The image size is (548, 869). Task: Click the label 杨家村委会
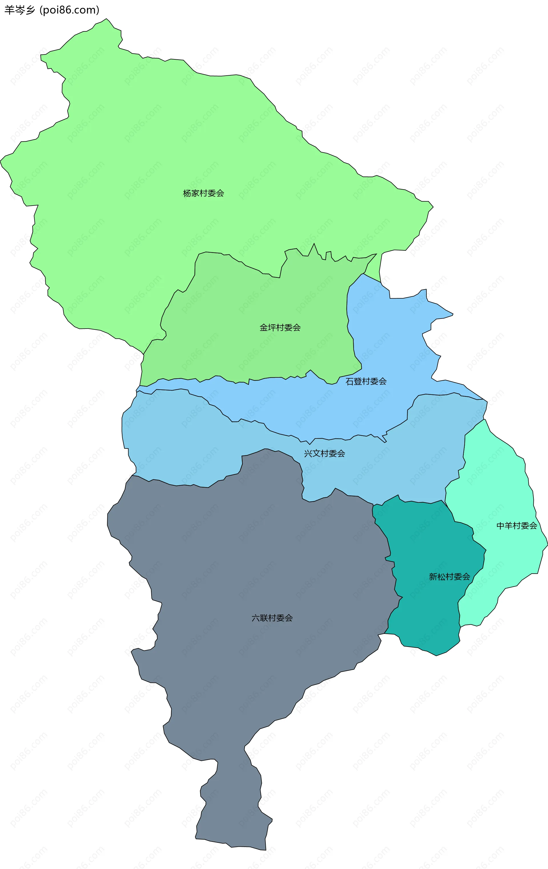[x=204, y=194]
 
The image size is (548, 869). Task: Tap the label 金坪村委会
[x=280, y=328]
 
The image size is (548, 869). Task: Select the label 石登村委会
[x=366, y=381]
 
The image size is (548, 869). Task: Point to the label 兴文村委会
[x=324, y=454]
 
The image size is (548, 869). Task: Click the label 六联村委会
[x=272, y=618]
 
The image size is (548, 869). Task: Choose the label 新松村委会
[x=449, y=577]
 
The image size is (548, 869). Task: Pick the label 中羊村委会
[x=517, y=526]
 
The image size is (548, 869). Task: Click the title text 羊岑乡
[x=20, y=10]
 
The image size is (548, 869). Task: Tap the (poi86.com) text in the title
[x=69, y=10]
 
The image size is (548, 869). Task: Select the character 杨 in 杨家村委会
[x=187, y=194]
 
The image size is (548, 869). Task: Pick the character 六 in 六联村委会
[x=255, y=618]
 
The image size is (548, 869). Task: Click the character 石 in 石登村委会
[x=349, y=381]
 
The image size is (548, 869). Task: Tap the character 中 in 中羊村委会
[x=500, y=526]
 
